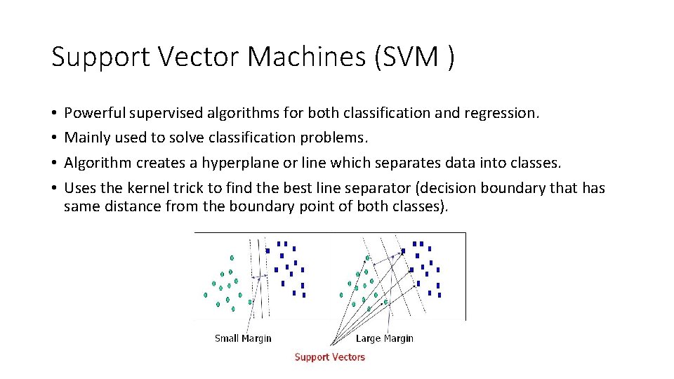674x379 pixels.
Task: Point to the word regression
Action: click(x=506, y=113)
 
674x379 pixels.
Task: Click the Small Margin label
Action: click(x=243, y=338)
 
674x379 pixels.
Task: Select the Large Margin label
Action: click(x=385, y=338)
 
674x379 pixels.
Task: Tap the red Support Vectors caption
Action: click(x=330, y=357)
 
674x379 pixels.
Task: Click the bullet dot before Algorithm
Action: click(x=54, y=164)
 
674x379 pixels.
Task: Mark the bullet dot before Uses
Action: click(x=54, y=188)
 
